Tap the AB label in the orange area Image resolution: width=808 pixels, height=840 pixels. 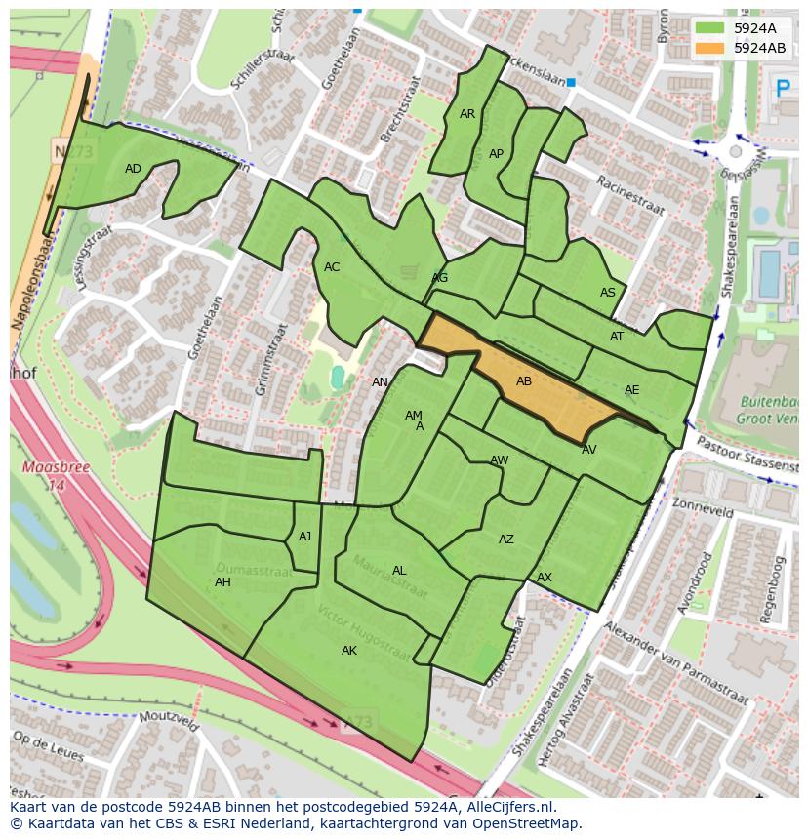click(x=524, y=381)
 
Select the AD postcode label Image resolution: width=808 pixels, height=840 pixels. click(x=134, y=169)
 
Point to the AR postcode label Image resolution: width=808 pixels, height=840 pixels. click(x=467, y=114)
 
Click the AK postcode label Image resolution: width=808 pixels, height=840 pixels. click(x=349, y=651)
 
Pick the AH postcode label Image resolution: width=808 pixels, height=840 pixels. click(x=222, y=582)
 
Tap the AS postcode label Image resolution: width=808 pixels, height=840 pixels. click(x=608, y=293)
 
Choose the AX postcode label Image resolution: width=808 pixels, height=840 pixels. click(x=545, y=578)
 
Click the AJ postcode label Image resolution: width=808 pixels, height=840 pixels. click(x=305, y=536)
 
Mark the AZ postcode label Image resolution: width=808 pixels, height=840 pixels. click(x=506, y=540)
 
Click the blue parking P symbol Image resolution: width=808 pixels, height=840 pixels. click(x=782, y=89)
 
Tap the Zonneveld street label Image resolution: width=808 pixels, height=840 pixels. click(x=702, y=508)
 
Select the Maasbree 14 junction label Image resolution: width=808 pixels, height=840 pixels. click(x=43, y=475)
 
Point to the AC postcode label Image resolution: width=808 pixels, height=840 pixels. click(x=332, y=267)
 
